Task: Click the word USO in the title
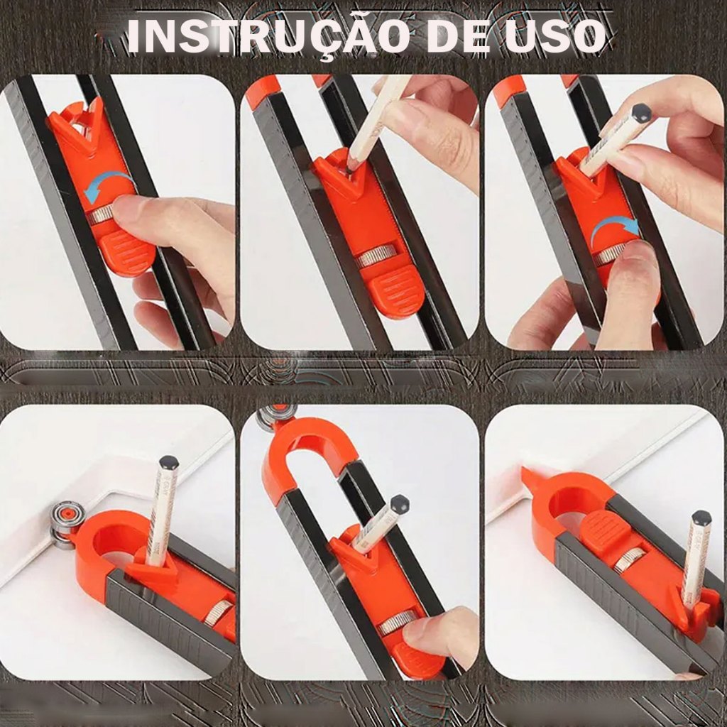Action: point(555,36)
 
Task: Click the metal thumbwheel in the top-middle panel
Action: point(376,256)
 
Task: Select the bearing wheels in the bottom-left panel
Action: point(59,525)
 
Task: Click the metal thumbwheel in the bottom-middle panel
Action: point(392,623)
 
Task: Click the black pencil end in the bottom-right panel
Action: point(701,519)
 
